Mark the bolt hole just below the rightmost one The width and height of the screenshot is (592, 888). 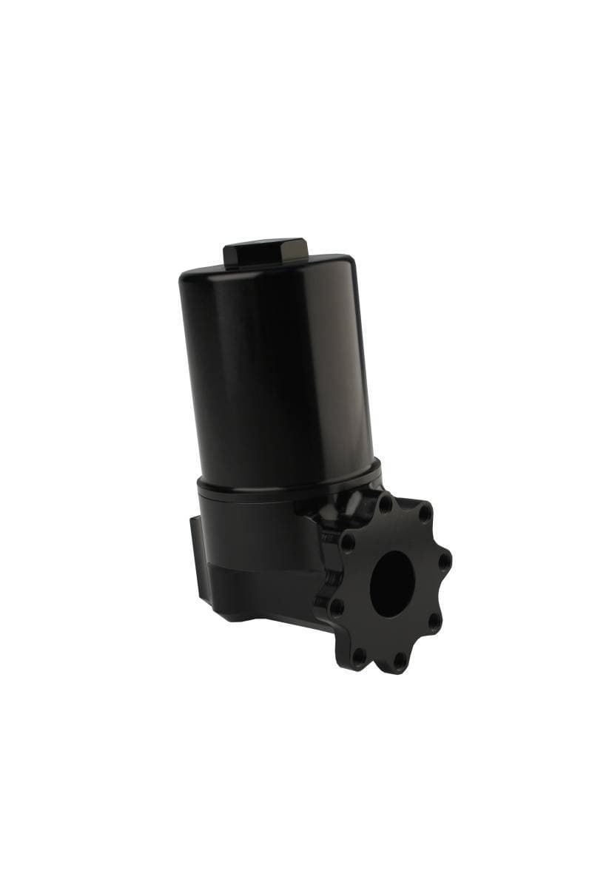click(435, 619)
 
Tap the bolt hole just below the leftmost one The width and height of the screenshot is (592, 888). click(360, 654)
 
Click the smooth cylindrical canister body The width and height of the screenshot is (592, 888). click(274, 370)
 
